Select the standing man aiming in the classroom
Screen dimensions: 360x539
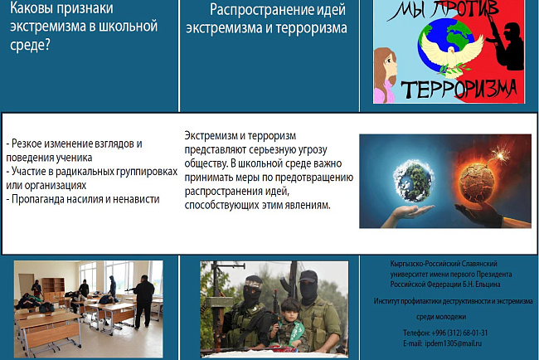[143, 299]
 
